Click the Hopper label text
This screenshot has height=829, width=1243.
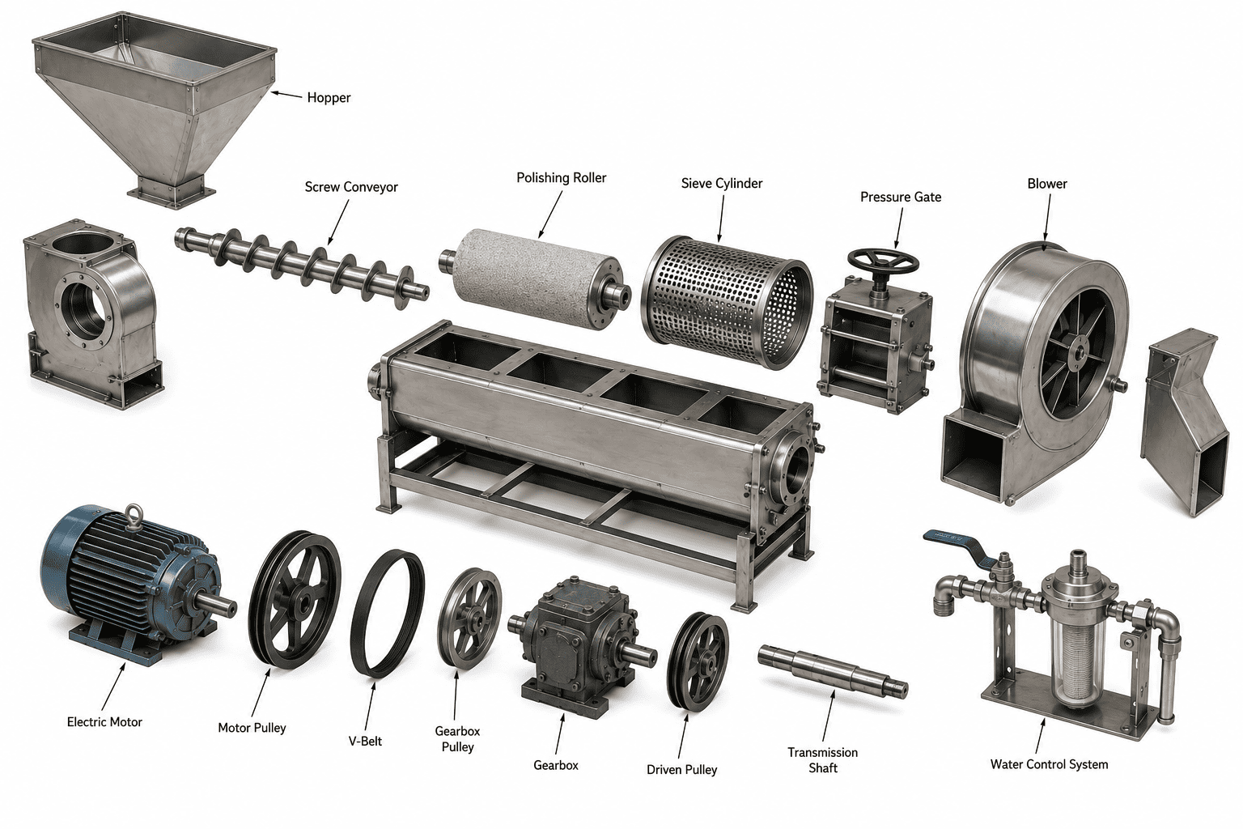click(329, 98)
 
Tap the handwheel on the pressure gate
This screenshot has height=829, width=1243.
click(883, 261)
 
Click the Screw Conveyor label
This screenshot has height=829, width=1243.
click(351, 186)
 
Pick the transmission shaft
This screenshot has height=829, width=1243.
click(833, 671)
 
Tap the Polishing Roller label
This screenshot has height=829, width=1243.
click(561, 177)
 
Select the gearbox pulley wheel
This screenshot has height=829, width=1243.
click(469, 618)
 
